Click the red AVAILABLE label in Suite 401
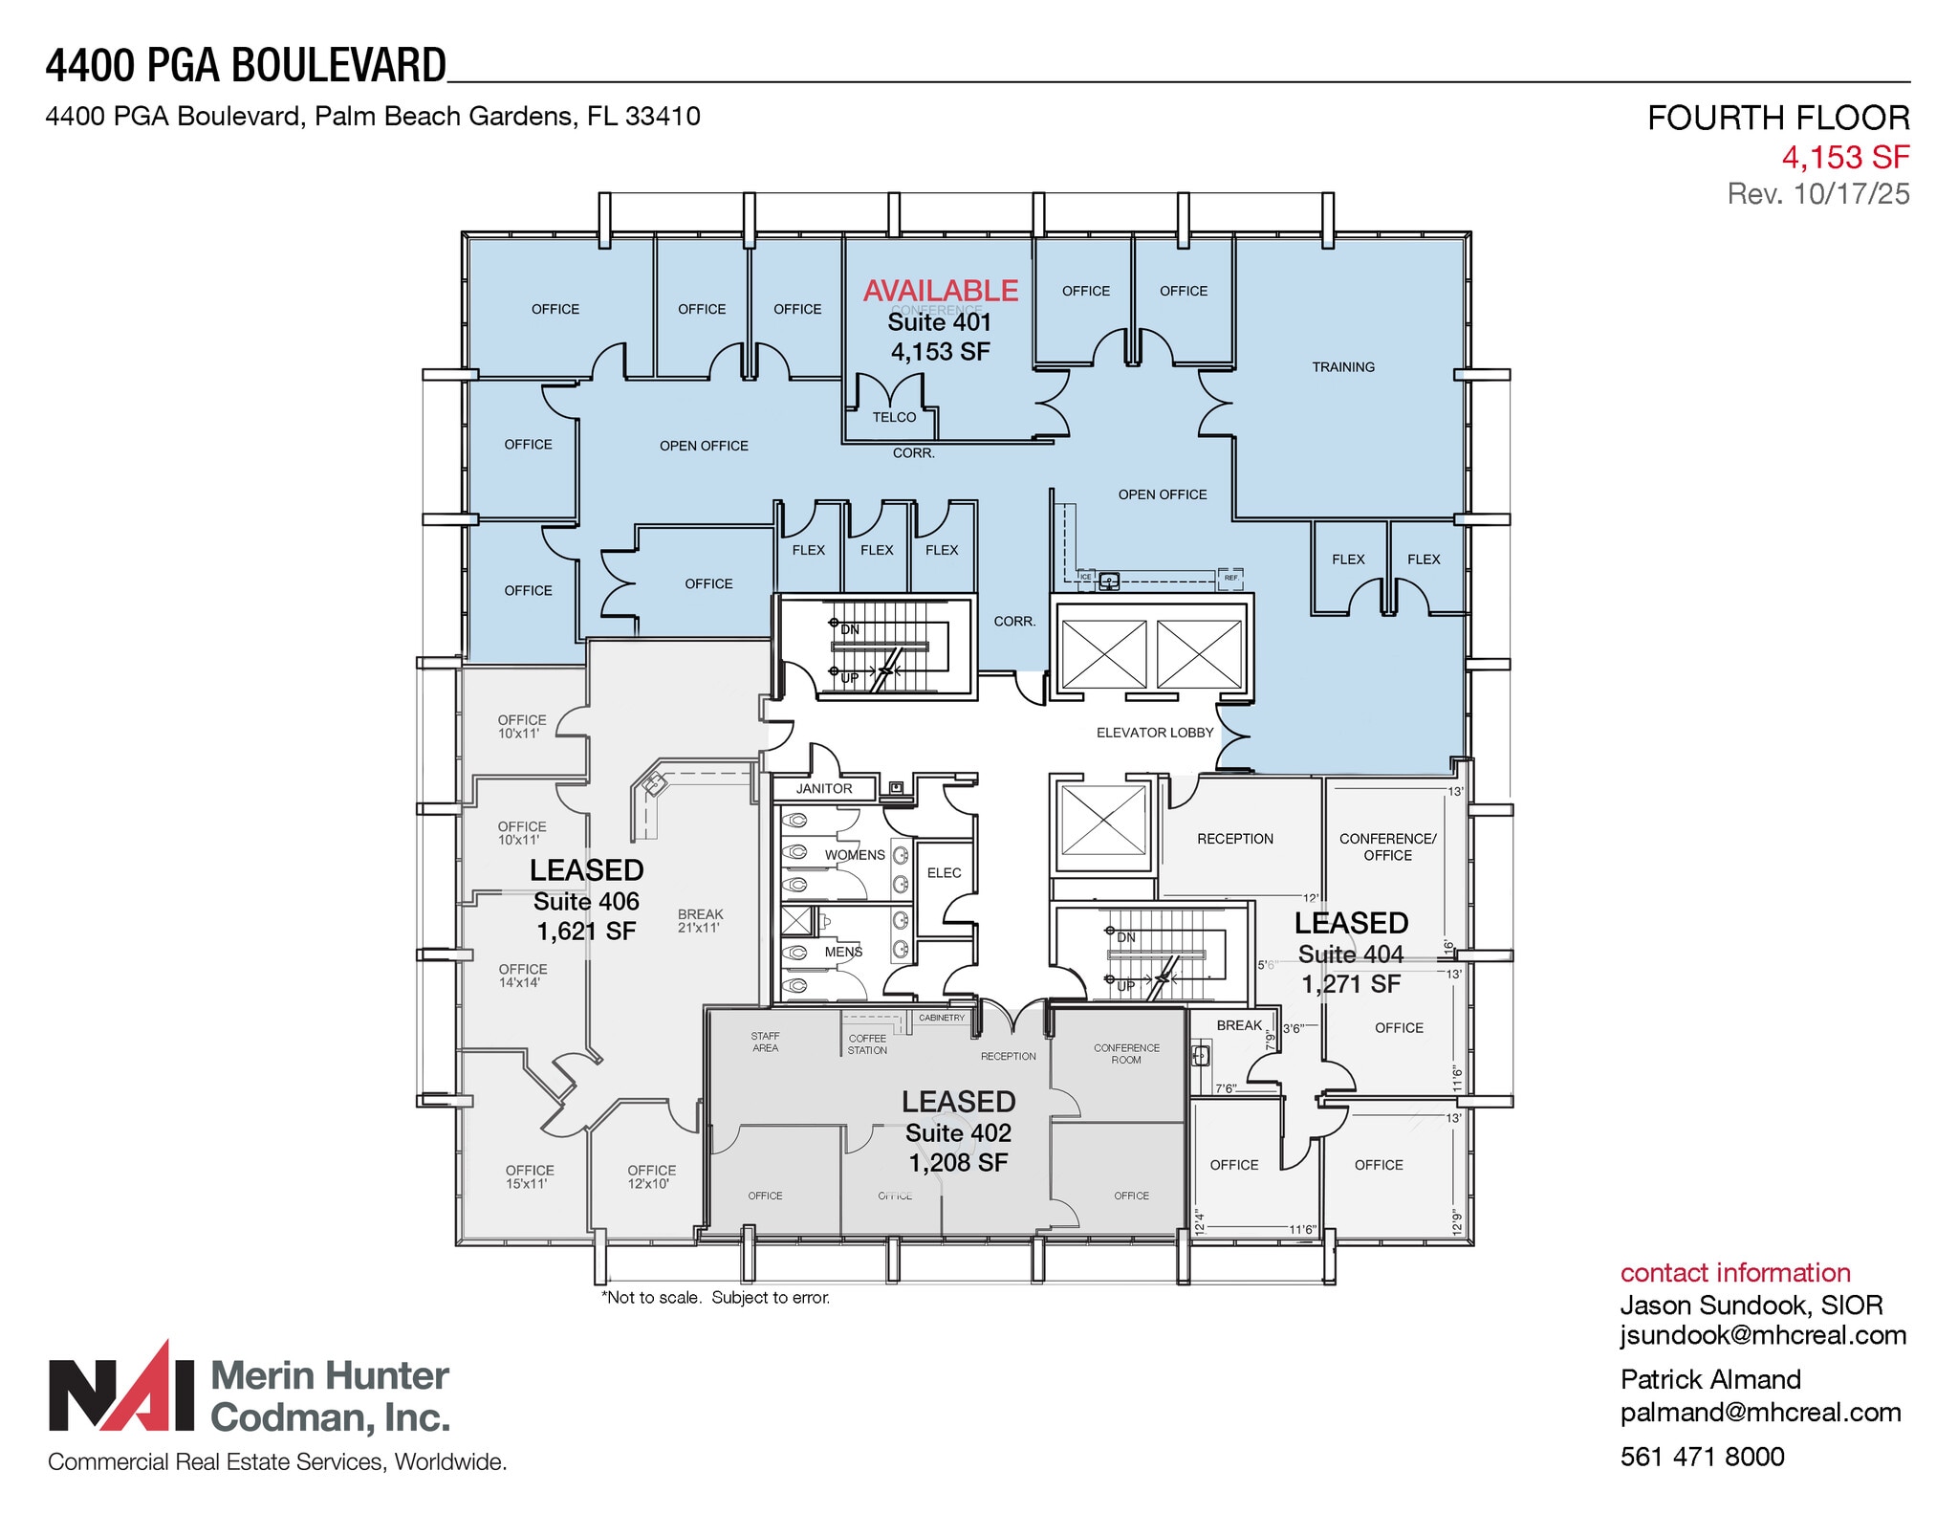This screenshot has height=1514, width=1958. click(x=941, y=290)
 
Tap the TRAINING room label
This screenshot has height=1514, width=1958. click(x=1342, y=367)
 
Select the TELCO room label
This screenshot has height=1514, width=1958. click(x=894, y=417)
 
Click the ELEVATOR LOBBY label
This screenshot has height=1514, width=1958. click(x=1154, y=733)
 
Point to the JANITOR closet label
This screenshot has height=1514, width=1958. click(x=824, y=789)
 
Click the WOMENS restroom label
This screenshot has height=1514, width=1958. click(x=855, y=855)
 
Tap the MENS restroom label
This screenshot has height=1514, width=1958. click(x=843, y=952)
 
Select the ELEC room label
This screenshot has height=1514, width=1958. click(x=944, y=873)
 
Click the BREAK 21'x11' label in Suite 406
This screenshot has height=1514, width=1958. click(x=700, y=921)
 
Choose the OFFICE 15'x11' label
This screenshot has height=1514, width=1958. click(x=530, y=1176)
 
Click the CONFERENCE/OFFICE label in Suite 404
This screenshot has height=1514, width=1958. click(x=1387, y=846)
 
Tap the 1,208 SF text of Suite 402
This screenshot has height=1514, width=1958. click(x=958, y=1163)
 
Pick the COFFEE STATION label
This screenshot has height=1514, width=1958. click(x=867, y=1044)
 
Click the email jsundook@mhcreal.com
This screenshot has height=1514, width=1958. click(x=1762, y=1336)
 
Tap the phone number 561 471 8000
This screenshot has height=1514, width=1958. click(x=1702, y=1457)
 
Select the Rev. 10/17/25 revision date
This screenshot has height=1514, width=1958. click(x=1817, y=194)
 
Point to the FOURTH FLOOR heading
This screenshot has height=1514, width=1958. click(x=1777, y=118)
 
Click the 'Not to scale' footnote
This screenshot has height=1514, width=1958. click(x=715, y=1298)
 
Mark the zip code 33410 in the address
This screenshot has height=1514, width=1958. click(x=663, y=117)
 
